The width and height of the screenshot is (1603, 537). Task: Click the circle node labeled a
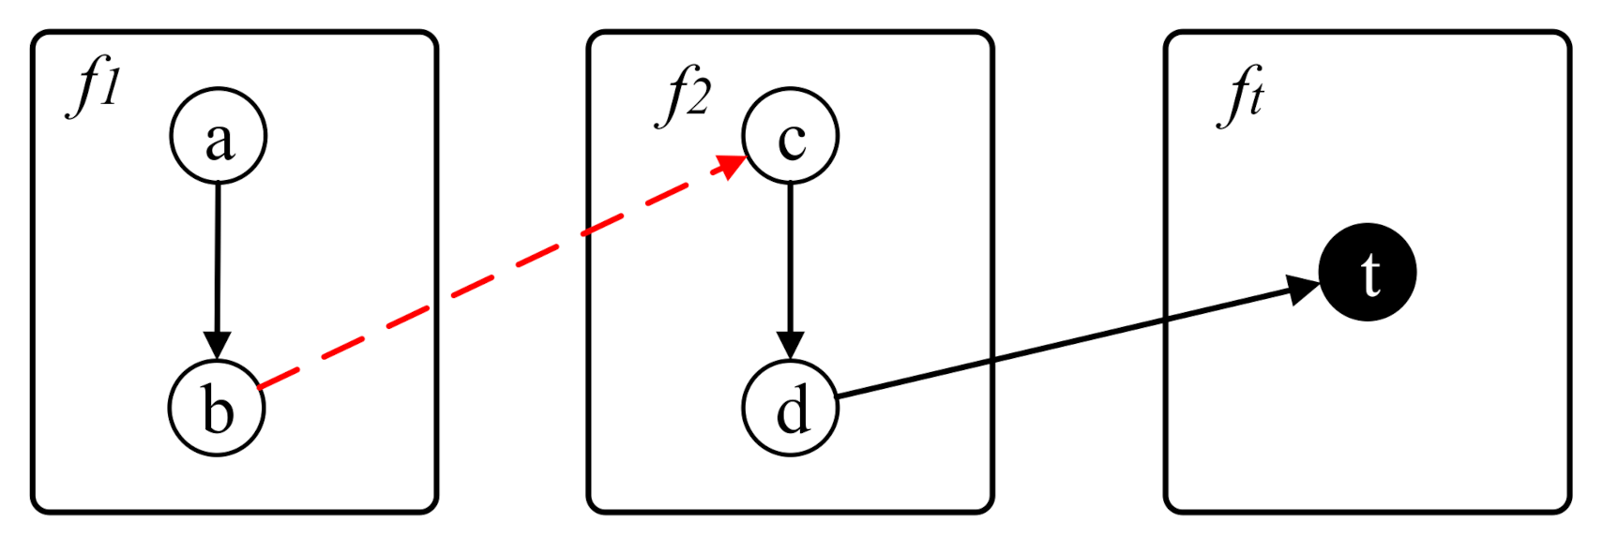click(219, 136)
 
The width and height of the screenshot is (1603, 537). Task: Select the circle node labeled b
click(217, 409)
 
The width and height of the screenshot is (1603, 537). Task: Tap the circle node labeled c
click(791, 136)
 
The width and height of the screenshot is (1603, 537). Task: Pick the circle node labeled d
click(791, 409)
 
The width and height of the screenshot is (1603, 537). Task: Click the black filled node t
click(1368, 272)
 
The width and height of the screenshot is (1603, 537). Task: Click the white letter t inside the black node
click(1370, 275)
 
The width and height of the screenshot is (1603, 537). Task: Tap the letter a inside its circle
click(219, 142)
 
